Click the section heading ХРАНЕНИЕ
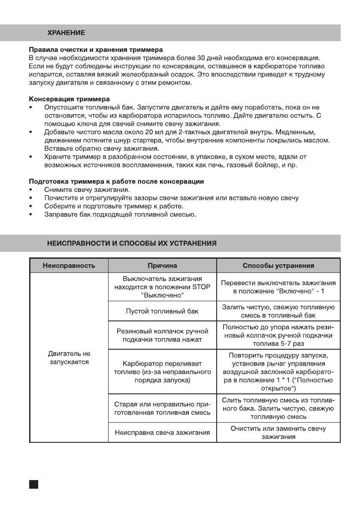(x=66, y=33)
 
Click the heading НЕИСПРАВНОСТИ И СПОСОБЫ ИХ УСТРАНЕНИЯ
(x=132, y=243)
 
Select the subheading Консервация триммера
(x=69, y=99)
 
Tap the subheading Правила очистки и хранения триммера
(x=95, y=50)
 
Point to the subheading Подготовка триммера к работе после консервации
(x=116, y=181)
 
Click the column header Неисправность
(x=69, y=266)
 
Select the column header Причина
(x=162, y=266)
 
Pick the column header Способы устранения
(x=278, y=266)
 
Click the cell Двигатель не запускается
(x=69, y=358)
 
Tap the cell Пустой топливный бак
(x=162, y=311)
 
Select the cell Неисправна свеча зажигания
(x=162, y=432)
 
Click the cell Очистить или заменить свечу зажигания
(x=278, y=432)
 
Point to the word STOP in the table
(x=202, y=287)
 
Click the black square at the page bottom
(x=34, y=484)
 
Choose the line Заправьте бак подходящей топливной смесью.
(x=120, y=215)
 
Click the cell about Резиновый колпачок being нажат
(x=162, y=336)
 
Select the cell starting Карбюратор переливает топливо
(x=162, y=372)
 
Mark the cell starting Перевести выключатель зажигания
(x=278, y=287)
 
